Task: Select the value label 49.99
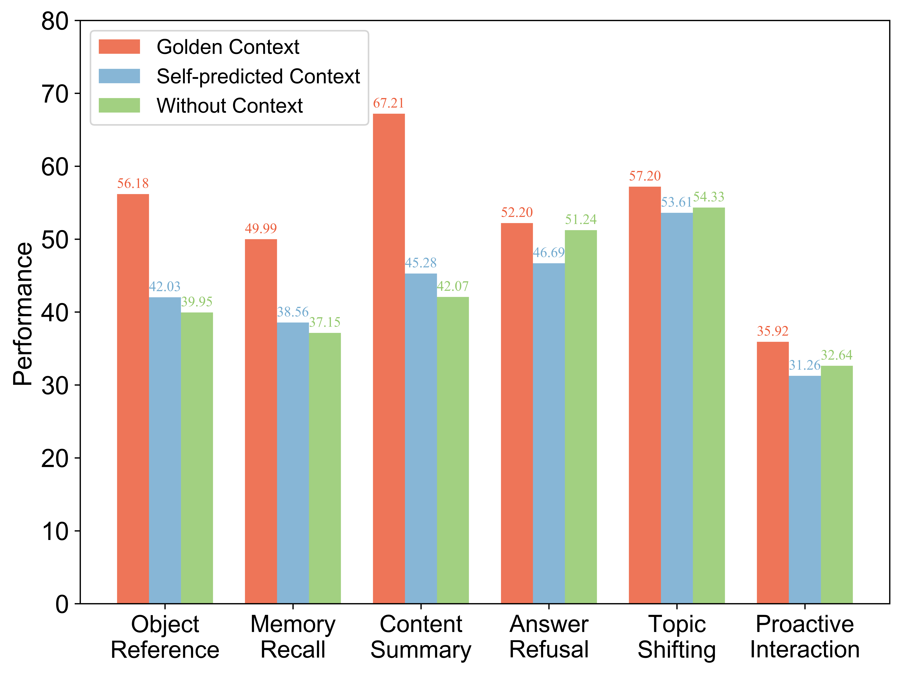tap(261, 229)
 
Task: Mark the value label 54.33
tap(709, 197)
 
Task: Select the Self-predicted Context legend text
tap(258, 76)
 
